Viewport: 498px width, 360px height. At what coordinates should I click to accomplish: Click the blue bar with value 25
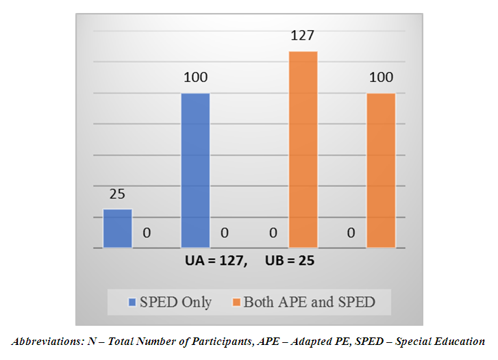click(117, 228)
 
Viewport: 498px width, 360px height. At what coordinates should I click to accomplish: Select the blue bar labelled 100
click(195, 170)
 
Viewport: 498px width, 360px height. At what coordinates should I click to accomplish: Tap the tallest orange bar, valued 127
click(303, 149)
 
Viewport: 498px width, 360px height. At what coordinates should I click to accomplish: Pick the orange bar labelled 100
click(381, 170)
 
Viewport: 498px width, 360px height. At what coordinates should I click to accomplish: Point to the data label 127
click(303, 36)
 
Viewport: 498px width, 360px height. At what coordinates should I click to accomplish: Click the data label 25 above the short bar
click(116, 194)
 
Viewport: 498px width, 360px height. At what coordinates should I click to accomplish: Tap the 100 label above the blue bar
click(195, 78)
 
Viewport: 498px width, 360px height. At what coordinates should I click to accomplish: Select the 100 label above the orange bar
click(381, 78)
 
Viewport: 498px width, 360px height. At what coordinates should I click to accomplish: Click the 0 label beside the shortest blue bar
click(147, 233)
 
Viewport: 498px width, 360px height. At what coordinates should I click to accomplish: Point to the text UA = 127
click(214, 261)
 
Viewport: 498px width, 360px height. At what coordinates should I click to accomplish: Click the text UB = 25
click(287, 261)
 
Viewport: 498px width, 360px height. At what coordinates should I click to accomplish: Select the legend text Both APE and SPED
click(310, 302)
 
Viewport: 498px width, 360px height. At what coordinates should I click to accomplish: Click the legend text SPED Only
click(176, 302)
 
